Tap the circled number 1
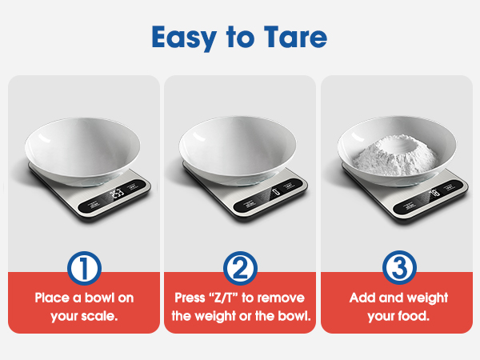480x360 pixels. (83, 269)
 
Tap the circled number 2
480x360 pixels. (241, 269)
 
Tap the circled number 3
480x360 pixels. (398, 269)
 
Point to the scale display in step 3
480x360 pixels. (432, 192)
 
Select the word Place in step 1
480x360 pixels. (52, 298)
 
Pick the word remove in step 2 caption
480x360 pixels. (284, 298)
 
